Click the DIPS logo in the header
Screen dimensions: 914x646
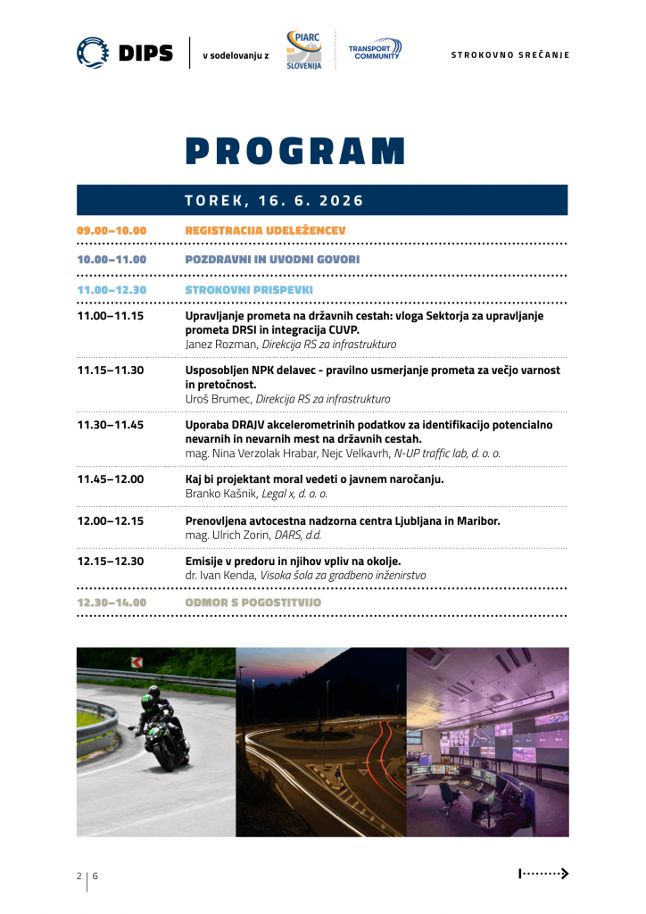124,53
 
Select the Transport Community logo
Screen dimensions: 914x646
374,50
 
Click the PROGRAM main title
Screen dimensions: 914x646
295,151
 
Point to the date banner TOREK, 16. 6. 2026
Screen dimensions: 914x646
275,201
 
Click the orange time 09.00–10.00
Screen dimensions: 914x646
112,230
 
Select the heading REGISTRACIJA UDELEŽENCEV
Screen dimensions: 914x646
266,230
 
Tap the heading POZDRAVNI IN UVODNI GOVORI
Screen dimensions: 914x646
272,260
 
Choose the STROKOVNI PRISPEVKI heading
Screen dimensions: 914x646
249,289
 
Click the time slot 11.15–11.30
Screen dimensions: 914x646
111,370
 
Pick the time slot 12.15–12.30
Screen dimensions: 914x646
111,561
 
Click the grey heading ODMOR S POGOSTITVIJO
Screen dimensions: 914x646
253,602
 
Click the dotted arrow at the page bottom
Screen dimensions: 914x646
543,874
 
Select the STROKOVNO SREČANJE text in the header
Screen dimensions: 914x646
509,54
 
